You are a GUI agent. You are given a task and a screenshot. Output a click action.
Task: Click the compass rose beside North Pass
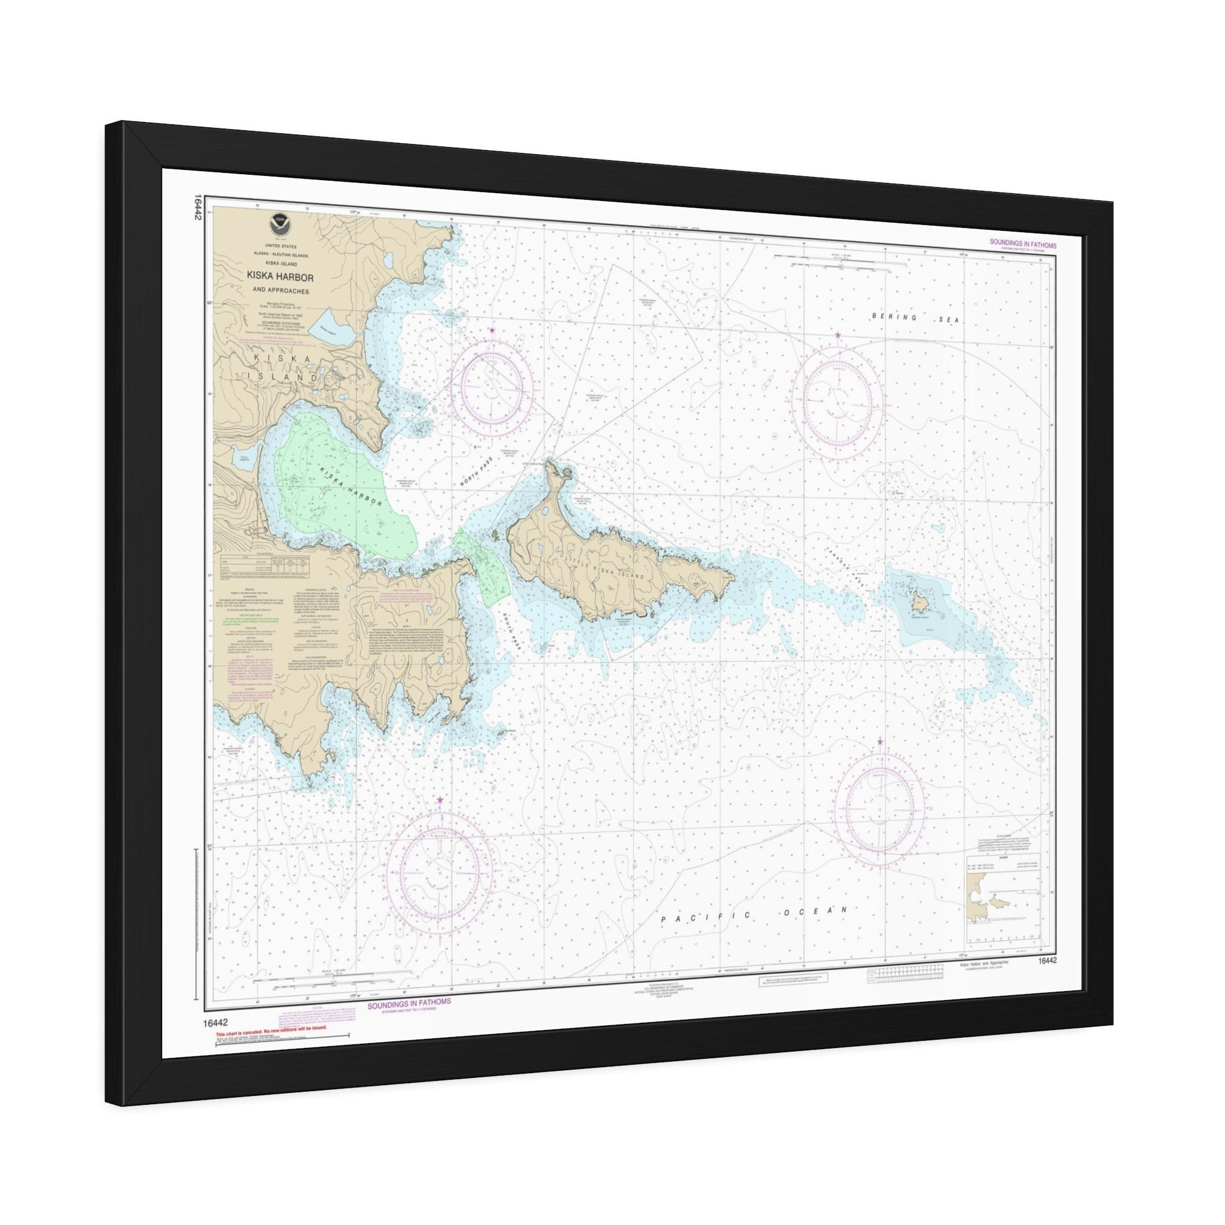493,385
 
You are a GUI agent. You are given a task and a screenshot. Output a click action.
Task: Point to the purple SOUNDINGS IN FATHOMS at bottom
410,1019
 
